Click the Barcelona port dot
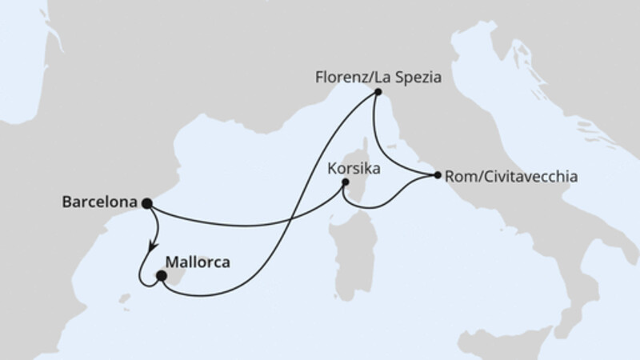pos(146,203)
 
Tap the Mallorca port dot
pos(161,276)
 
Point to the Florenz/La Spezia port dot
pos(377,94)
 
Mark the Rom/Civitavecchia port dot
pos(437,174)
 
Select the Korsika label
pos(353,169)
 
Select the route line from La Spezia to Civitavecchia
pos(392,152)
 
